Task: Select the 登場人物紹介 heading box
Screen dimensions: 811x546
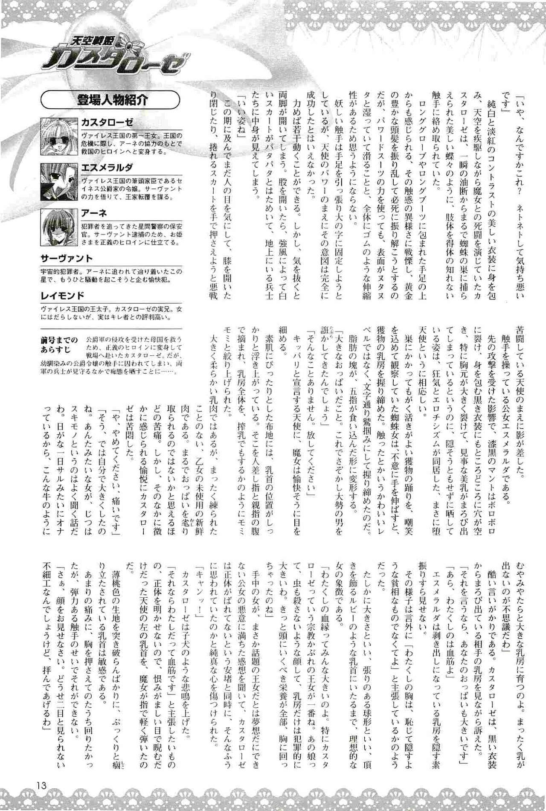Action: point(110,101)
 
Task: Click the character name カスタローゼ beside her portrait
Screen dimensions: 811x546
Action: point(107,123)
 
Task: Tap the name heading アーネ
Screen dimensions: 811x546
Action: point(94,213)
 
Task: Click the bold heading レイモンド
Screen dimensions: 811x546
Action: point(62,296)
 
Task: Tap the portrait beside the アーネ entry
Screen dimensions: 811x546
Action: point(59,227)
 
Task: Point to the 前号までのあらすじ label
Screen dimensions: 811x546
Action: point(60,344)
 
